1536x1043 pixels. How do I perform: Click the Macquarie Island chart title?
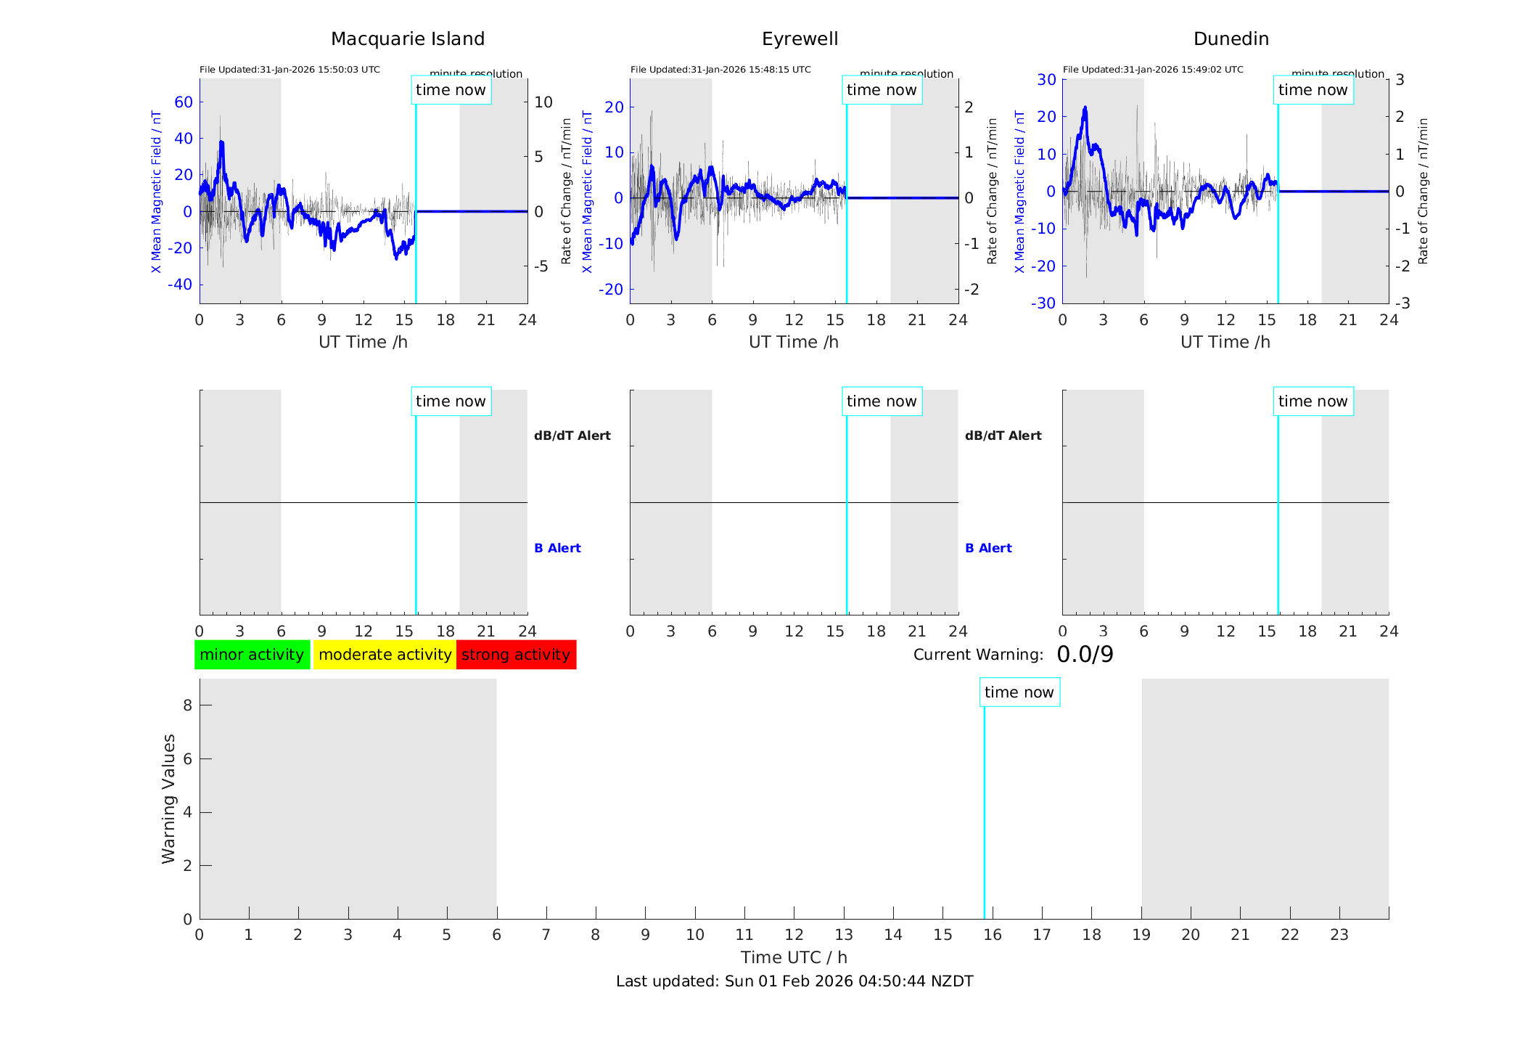coord(408,39)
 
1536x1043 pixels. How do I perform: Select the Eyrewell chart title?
coord(800,39)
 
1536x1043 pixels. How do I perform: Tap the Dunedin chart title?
coord(1231,39)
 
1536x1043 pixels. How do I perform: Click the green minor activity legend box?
coord(252,655)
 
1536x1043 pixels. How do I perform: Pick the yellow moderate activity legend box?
coord(385,655)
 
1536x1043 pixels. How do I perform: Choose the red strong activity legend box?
coord(516,655)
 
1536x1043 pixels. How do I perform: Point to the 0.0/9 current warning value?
coord(1085,655)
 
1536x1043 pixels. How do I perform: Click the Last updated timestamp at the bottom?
coord(794,981)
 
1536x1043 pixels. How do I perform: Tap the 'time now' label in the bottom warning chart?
coord(1019,692)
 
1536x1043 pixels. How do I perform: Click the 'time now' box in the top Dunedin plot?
coord(1313,90)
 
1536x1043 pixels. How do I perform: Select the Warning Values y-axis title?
coord(168,798)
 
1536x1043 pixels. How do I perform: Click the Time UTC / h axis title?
coord(794,957)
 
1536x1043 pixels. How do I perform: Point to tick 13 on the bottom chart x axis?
coord(844,935)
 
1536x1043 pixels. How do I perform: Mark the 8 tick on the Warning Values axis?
coord(187,705)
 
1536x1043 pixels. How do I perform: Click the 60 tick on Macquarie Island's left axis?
coord(184,102)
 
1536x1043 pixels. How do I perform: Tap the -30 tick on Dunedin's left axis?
coord(1045,303)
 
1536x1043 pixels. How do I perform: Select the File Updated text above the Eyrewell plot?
coord(720,70)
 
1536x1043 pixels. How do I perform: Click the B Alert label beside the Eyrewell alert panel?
coord(988,548)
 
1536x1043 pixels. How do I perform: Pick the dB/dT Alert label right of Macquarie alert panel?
coord(572,435)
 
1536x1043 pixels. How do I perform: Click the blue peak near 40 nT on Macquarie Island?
coord(221,144)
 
